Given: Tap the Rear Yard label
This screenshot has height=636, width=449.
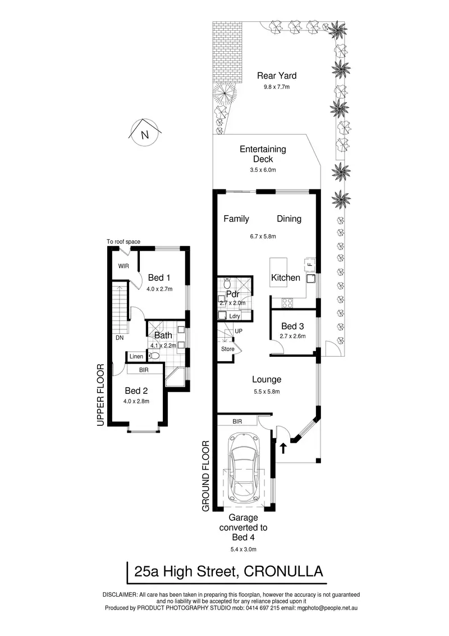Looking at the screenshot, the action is [277, 76].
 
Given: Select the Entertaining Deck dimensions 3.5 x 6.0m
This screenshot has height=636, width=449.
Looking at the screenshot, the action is [263, 170].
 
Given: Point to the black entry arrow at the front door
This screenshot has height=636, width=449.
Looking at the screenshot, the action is [283, 448].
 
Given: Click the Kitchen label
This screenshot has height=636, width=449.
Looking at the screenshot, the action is [286, 278].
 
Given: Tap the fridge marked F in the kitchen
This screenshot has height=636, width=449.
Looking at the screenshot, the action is [310, 265].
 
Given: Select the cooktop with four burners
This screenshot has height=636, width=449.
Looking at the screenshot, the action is [288, 302].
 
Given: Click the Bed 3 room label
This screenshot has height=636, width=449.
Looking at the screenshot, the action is [292, 326].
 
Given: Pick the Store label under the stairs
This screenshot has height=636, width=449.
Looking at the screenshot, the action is [228, 349].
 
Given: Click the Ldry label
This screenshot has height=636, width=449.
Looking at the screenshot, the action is [235, 316].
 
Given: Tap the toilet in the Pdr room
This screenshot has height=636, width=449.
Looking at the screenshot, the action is [227, 281].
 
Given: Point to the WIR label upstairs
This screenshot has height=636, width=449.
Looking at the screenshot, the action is [123, 266].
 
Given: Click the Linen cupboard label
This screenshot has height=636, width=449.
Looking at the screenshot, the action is [136, 357].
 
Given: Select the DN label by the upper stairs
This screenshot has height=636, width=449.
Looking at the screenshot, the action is [120, 338].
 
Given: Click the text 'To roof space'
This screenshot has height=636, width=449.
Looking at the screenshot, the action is [123, 242].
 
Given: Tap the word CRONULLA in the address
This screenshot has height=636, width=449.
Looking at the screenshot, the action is [283, 571].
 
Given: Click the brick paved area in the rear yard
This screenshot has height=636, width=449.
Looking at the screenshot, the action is [228, 52].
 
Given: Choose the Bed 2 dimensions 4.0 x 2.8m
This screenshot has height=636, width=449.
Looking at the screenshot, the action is [136, 401].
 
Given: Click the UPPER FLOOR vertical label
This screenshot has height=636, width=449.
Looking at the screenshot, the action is [100, 395].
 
